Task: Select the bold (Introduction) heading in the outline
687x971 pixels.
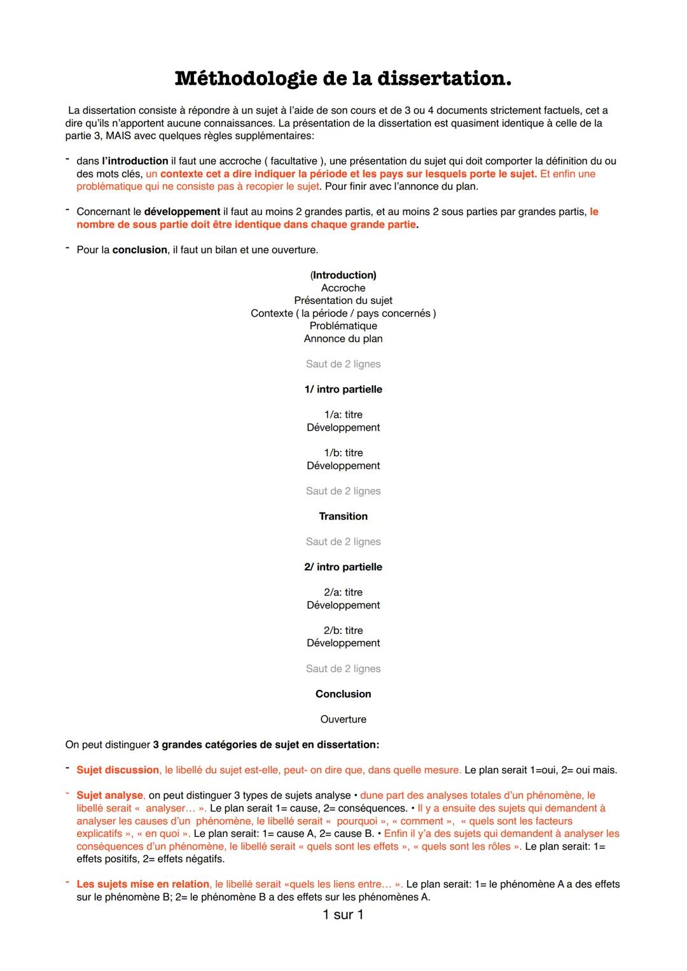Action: click(x=343, y=275)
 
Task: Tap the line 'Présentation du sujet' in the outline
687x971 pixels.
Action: click(x=343, y=301)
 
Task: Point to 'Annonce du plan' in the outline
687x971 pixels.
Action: click(x=343, y=339)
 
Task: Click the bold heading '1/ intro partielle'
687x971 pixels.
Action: click(x=343, y=389)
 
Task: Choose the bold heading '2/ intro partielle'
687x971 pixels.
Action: click(x=343, y=567)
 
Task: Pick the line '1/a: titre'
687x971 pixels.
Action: click(x=343, y=415)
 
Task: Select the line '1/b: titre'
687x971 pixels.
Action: click(x=343, y=453)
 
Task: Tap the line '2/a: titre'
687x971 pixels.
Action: click(x=343, y=593)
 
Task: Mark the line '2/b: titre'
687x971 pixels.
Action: click(x=343, y=631)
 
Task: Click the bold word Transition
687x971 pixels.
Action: click(x=343, y=516)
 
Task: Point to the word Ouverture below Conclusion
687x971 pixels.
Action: click(x=343, y=719)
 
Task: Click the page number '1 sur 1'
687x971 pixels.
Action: click(x=343, y=915)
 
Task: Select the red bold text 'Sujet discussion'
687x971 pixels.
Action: click(x=118, y=770)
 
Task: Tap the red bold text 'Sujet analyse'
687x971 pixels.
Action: click(x=110, y=795)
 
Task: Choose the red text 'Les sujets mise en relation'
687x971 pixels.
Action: click(x=142, y=885)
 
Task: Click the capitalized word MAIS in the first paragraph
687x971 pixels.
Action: click(x=119, y=136)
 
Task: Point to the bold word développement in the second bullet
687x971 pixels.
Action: click(x=182, y=212)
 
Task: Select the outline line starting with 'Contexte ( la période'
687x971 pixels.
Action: click(x=343, y=313)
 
